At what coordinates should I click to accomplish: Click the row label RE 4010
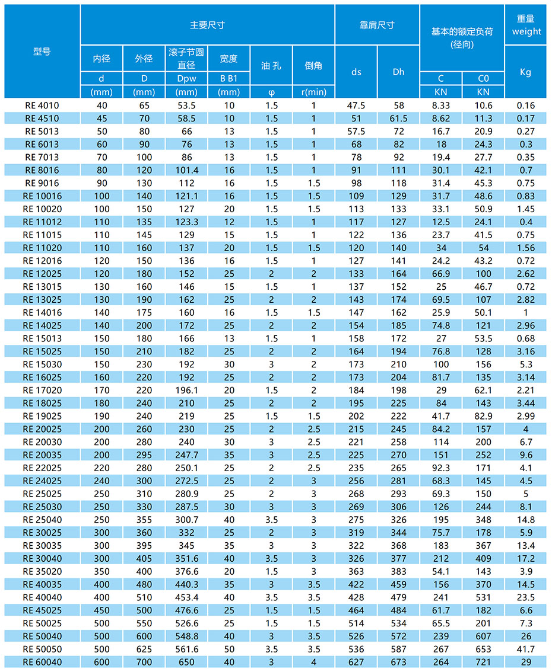click(x=42, y=105)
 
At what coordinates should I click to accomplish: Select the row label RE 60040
click(x=42, y=661)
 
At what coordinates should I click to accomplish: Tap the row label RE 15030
click(x=42, y=364)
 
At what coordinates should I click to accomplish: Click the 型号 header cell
click(x=42, y=52)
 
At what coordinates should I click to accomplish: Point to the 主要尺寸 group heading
click(x=207, y=25)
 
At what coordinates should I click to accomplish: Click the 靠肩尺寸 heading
click(x=377, y=25)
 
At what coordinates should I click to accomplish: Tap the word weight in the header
click(x=526, y=31)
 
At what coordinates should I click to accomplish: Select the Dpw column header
click(x=186, y=78)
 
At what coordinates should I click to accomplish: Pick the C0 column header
click(x=483, y=78)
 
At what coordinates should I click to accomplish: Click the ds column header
click(x=356, y=72)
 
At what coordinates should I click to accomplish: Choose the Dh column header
click(x=398, y=72)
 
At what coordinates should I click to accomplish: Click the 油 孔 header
click(x=271, y=65)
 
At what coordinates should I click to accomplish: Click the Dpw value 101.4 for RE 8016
click(x=186, y=170)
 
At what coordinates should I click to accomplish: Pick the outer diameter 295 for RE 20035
click(x=144, y=455)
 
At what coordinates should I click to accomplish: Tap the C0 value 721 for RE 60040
click(x=483, y=661)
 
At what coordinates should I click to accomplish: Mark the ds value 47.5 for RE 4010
click(x=356, y=105)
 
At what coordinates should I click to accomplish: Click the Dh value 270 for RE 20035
click(x=398, y=455)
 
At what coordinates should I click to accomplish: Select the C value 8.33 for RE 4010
click(x=441, y=105)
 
